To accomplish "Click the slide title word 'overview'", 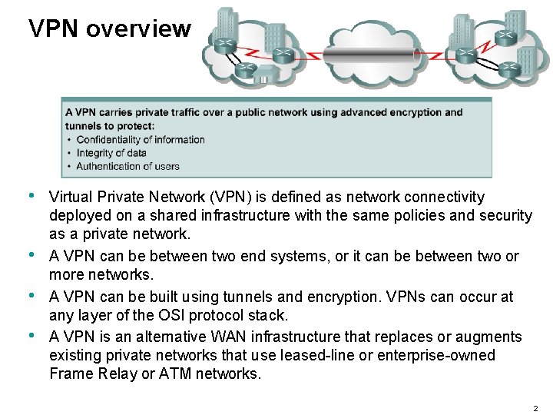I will tap(138, 29).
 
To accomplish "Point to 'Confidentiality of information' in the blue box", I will tap(141, 140).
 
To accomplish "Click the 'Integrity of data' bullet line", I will tap(111, 153).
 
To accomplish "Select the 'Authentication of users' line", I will tap(127, 166).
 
